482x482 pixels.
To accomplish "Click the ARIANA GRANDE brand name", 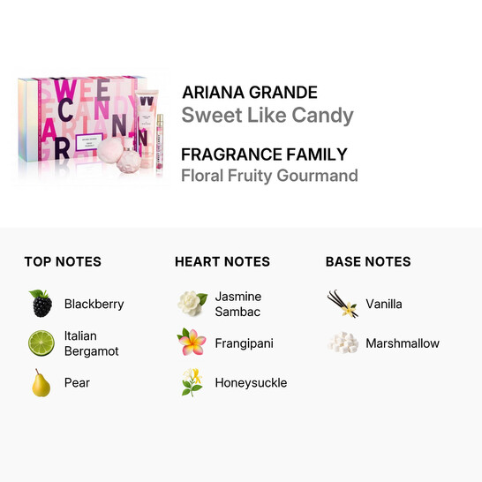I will click(249, 93).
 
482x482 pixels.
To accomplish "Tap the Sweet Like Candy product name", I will click(267, 116).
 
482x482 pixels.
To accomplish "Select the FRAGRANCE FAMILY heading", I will click(264, 154).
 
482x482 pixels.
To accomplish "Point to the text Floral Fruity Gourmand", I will click(269, 175).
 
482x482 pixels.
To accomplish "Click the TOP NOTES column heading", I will click(63, 261).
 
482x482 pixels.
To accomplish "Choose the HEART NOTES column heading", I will click(222, 261).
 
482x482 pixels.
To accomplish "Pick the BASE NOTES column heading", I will click(368, 261).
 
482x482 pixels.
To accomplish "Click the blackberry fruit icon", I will click(41, 304).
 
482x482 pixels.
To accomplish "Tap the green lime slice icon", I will click(41, 343).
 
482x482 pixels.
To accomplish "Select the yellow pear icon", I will click(41, 382).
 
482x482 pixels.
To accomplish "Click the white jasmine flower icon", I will click(192, 304).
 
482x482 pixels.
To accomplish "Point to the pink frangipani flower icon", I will click(192, 343).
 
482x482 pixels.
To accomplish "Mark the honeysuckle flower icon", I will click(192, 382).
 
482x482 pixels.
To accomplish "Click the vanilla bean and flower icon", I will click(343, 304).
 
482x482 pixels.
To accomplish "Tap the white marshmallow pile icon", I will click(343, 343).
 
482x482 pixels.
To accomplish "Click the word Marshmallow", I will click(402, 343).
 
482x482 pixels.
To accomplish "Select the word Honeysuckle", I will click(251, 382).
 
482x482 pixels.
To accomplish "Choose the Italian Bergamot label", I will click(92, 343).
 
